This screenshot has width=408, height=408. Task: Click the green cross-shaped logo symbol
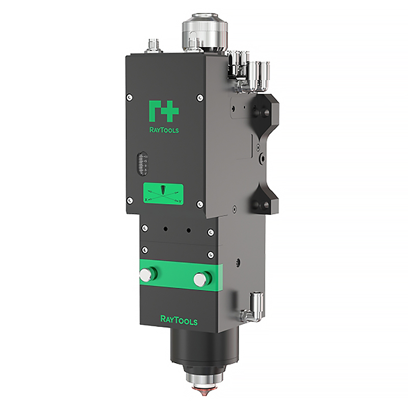164,111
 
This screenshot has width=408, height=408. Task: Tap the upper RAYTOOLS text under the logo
164,130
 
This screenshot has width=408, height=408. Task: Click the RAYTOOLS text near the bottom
179,320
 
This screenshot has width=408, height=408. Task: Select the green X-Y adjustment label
163,194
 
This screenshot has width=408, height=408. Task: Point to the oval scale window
142,163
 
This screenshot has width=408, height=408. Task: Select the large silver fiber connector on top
205,32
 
